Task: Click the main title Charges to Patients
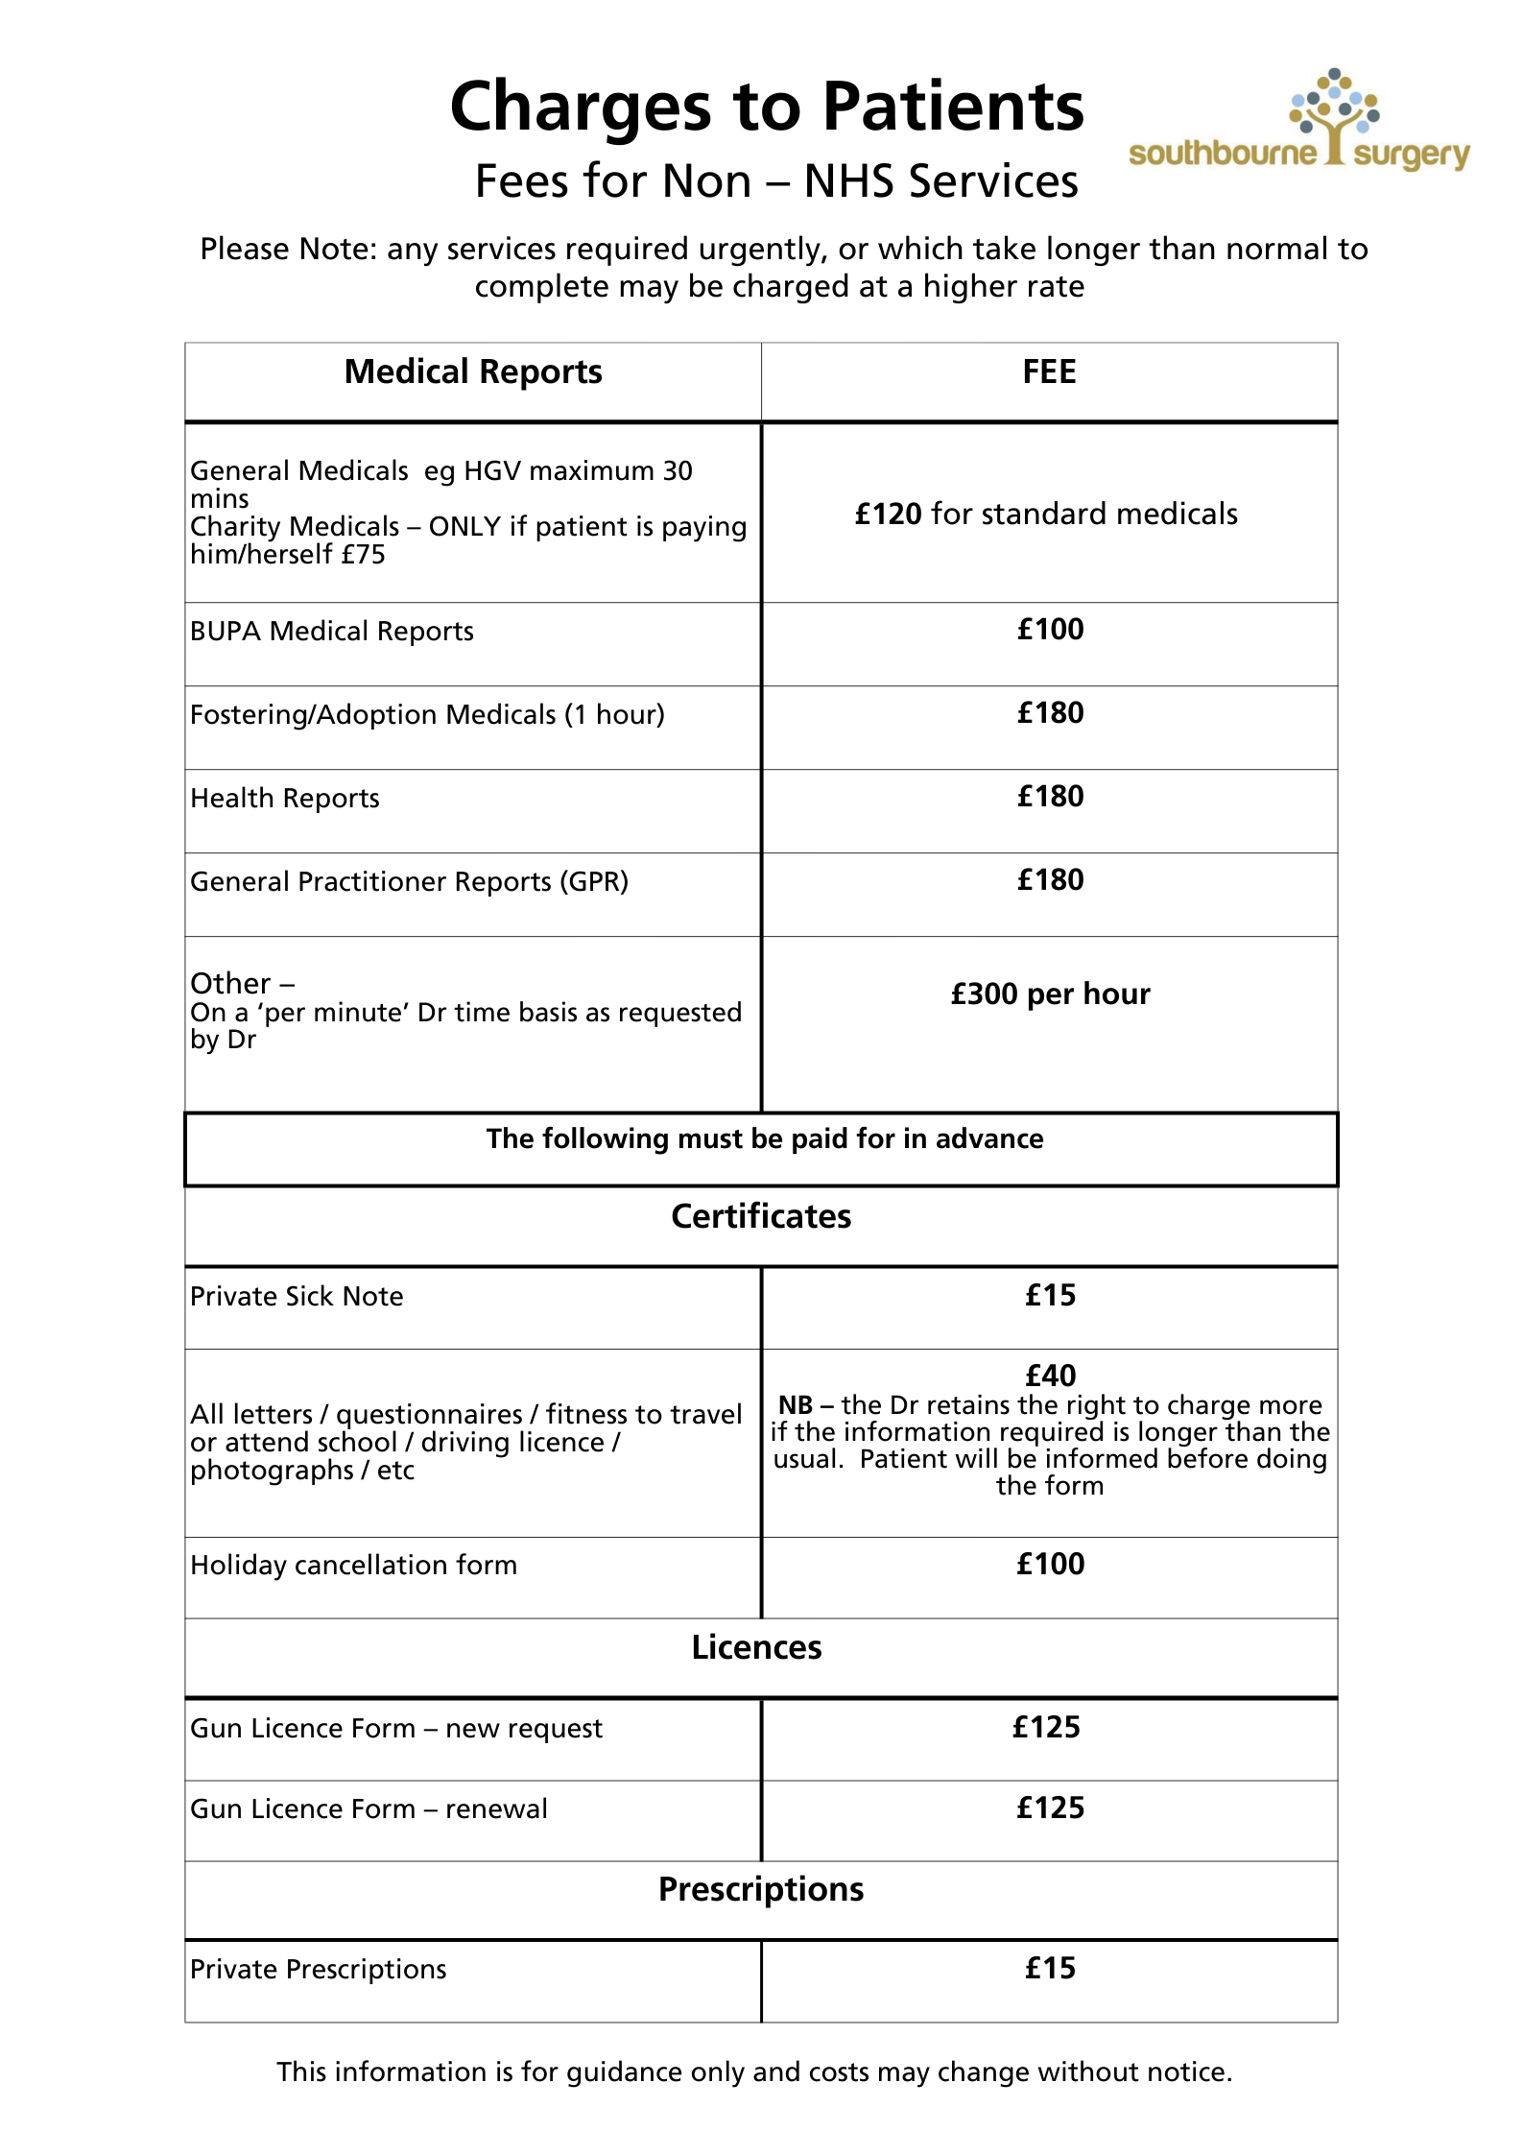[766, 107]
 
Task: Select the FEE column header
[1049, 372]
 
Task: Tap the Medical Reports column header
[473, 372]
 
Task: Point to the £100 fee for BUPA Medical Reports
[1050, 630]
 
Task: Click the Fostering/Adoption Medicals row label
[427, 715]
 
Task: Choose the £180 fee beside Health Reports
[1050, 797]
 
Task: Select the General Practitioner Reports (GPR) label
[409, 882]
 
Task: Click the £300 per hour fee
[1050, 994]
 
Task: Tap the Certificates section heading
[761, 1217]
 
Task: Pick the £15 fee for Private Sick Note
[1050, 1296]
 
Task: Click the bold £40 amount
[1050, 1376]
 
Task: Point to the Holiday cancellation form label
[353, 1566]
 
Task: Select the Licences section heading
[756, 1648]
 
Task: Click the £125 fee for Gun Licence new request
[1046, 1728]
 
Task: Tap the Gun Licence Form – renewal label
[369, 1809]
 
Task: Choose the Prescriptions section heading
[761, 1889]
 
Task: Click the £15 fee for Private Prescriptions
[1050, 1969]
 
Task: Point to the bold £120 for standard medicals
[888, 515]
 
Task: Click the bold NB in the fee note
[795, 1405]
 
